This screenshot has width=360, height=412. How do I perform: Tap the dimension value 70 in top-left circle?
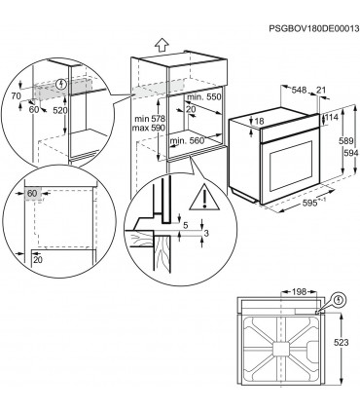pos(17,98)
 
